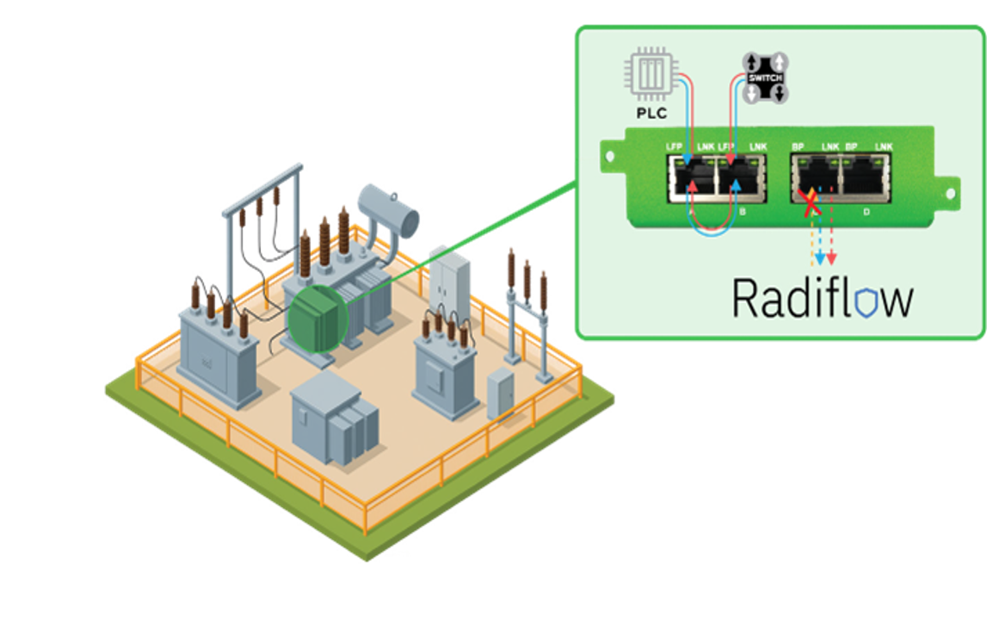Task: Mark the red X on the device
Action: (810, 204)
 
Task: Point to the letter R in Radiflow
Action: (745, 298)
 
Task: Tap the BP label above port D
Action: (852, 147)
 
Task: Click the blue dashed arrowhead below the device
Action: (820, 258)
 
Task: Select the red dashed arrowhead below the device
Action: (832, 258)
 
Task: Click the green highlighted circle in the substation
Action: (317, 319)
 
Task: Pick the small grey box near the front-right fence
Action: (500, 393)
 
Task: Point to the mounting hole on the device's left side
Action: (610, 158)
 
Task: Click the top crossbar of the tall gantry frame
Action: (263, 184)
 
